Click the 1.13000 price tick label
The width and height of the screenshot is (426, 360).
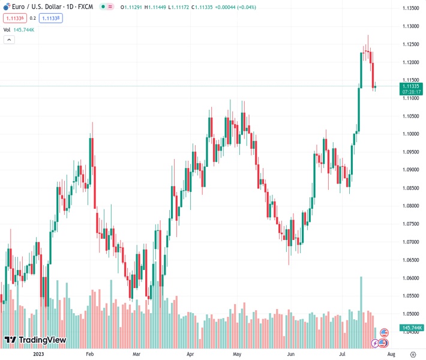click(410, 26)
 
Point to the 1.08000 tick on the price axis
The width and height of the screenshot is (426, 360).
click(410, 206)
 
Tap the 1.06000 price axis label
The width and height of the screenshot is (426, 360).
click(410, 278)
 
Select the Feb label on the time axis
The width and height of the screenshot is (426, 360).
click(90, 354)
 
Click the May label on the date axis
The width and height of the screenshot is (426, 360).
click(236, 354)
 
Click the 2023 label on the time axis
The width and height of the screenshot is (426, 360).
click(38, 354)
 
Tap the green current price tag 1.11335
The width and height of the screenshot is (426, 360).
click(410, 86)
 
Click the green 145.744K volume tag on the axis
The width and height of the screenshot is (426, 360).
click(411, 328)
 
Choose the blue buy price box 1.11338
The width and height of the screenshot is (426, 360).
click(51, 18)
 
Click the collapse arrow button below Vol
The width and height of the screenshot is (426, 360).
click(9, 40)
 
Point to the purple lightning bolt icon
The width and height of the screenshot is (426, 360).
click(376, 343)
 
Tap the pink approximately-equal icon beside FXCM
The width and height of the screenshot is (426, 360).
click(110, 7)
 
